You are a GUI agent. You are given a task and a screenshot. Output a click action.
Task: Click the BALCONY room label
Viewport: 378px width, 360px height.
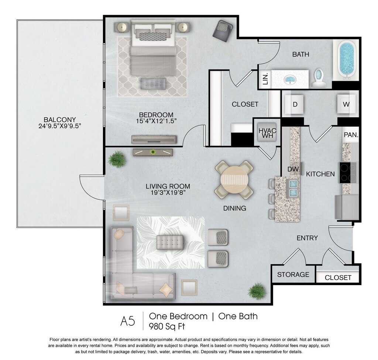coord(60,120)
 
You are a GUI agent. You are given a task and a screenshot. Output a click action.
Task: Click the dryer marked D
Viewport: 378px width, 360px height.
coord(294,104)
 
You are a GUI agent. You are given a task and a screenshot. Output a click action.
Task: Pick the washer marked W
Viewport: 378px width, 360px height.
coord(346,104)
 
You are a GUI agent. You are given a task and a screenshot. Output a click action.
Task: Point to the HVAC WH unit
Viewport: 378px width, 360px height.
coord(268,132)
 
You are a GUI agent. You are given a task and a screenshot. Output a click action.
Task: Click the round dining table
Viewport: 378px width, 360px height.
coord(234,180)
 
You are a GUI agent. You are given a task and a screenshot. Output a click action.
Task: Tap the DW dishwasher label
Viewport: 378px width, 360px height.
coord(293,169)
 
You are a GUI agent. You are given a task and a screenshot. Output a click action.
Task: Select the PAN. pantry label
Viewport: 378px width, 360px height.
coord(351,135)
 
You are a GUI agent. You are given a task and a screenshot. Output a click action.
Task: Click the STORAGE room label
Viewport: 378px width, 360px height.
coord(293,274)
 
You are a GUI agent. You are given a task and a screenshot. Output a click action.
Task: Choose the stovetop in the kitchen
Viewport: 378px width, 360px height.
coord(348,173)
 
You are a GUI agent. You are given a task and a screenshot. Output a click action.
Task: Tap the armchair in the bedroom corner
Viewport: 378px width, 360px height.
coord(223,31)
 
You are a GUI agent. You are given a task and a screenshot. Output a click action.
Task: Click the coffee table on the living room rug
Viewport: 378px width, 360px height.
coord(170,242)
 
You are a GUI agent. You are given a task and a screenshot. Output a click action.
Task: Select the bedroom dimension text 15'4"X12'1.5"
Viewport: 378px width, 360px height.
coord(156,121)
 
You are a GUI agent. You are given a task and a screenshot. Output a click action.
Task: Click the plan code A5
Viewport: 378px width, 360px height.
coord(128,321)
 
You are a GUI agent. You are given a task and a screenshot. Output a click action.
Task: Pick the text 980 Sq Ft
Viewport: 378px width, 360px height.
coord(167,326)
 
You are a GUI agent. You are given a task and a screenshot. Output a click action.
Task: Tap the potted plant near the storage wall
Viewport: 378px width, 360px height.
coord(257,291)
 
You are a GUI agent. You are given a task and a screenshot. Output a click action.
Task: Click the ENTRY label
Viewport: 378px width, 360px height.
coord(307,238)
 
